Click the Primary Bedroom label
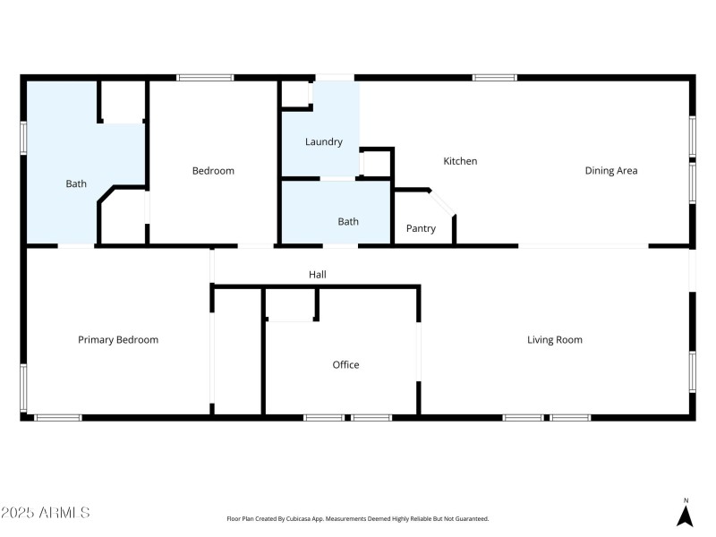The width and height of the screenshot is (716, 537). [x=118, y=339]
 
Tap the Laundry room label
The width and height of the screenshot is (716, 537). [x=324, y=141]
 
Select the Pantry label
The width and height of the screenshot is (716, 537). [x=421, y=228]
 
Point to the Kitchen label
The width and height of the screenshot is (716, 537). [x=461, y=161]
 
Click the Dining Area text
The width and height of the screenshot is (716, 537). [x=611, y=170]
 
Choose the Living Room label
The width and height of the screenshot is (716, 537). [x=555, y=339]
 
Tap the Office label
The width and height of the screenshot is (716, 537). [x=345, y=364]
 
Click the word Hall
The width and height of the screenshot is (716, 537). [x=317, y=275]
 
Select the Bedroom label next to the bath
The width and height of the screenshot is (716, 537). [x=213, y=170]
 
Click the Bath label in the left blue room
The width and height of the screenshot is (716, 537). [x=76, y=183]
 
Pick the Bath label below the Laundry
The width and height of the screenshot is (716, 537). [x=348, y=221]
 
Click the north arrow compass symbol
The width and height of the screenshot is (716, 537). [x=686, y=514]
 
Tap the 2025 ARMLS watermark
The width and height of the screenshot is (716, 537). [x=46, y=513]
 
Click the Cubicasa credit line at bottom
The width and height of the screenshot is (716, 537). [x=357, y=518]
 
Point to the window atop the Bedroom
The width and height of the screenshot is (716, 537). [x=205, y=78]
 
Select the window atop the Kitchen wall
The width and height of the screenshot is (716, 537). [x=495, y=78]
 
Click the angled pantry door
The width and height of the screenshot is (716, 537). [x=443, y=201]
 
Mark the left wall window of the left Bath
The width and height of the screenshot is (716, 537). [x=24, y=138]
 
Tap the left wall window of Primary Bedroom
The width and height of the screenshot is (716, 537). [x=24, y=387]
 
